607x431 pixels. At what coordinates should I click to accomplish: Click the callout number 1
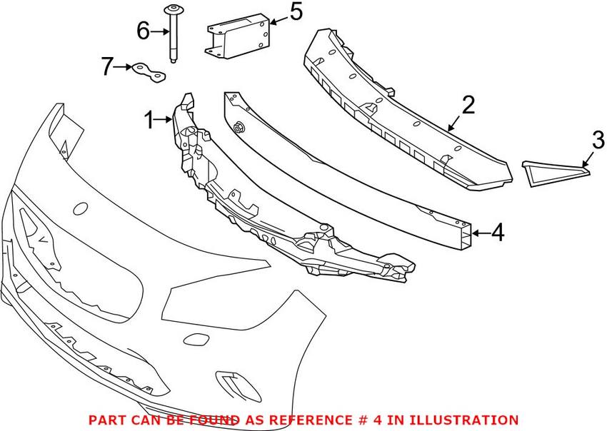click(149, 121)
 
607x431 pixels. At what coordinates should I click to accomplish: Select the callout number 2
click(468, 106)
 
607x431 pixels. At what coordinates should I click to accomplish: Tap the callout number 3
click(598, 139)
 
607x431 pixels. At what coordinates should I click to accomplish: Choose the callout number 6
click(143, 31)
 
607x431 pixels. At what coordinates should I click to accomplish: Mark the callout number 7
click(108, 67)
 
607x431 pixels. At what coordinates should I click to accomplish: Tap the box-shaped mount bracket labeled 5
click(238, 36)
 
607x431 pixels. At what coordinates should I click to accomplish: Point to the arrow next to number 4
click(480, 232)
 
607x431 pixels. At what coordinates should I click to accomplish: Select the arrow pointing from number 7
click(123, 67)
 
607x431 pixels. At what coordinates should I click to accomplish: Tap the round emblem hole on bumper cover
click(81, 209)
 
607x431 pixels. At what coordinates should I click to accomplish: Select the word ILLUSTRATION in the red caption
click(465, 420)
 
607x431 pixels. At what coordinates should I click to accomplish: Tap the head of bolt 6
click(174, 9)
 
